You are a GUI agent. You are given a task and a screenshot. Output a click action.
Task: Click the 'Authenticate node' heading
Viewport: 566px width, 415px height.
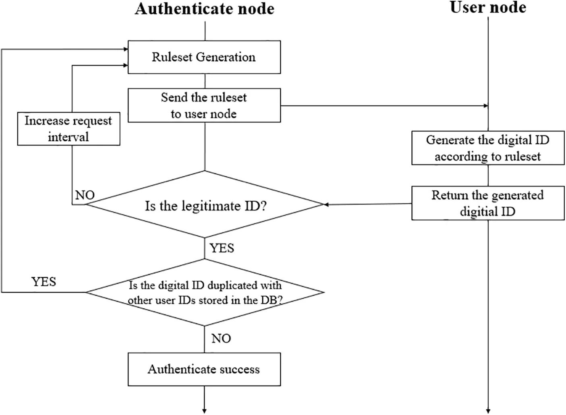point(204,9)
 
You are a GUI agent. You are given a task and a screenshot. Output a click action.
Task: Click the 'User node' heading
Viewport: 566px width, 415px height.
point(487,8)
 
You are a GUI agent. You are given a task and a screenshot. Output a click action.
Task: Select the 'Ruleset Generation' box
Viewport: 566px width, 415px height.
point(204,57)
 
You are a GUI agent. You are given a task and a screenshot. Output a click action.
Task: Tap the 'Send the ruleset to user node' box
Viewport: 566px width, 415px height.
point(204,105)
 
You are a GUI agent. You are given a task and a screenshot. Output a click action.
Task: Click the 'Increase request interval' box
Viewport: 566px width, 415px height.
point(68,129)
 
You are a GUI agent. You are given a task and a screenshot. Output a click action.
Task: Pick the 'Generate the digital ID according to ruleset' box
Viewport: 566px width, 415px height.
point(487,148)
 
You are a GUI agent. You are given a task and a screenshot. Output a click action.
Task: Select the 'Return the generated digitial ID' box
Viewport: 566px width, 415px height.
point(487,203)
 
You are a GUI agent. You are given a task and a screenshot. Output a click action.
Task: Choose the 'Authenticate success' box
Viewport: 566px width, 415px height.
point(204,370)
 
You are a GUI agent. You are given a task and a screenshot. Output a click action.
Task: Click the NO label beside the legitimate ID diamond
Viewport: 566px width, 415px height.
point(85,195)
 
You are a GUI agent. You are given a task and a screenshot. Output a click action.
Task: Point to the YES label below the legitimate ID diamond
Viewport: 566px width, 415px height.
point(222,248)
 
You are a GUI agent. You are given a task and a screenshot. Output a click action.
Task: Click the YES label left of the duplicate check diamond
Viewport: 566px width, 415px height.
point(44,282)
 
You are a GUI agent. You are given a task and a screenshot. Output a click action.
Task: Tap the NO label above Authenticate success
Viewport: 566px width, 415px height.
point(221,339)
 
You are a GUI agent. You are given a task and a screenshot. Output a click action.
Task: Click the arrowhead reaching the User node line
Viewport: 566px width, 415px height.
point(486,106)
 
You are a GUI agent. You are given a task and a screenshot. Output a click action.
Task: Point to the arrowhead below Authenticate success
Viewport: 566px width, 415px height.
point(204,411)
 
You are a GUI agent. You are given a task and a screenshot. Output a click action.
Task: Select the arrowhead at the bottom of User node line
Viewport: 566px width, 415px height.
point(488,411)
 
